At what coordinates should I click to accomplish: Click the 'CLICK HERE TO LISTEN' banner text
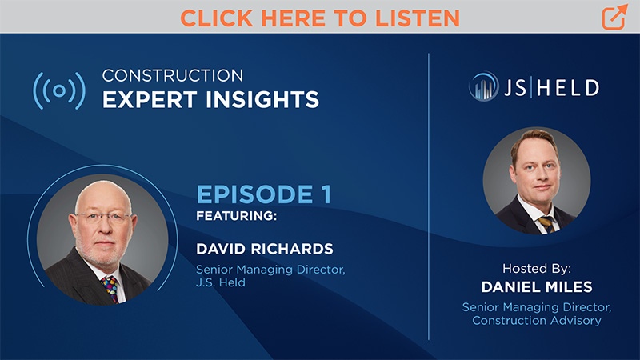pyautogui.click(x=319, y=17)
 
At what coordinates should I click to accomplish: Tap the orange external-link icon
pyautogui.click(x=614, y=17)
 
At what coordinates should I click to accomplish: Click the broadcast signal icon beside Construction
pyautogui.click(x=58, y=90)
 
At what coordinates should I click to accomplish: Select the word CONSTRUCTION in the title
pyautogui.click(x=173, y=76)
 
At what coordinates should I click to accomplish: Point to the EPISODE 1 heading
pyautogui.click(x=263, y=194)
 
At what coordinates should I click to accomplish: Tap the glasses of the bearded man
pyautogui.click(x=102, y=217)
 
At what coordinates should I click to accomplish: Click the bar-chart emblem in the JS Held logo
pyautogui.click(x=484, y=87)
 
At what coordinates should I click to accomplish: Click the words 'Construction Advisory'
pyautogui.click(x=536, y=321)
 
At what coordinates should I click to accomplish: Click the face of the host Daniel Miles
pyautogui.click(x=534, y=171)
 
